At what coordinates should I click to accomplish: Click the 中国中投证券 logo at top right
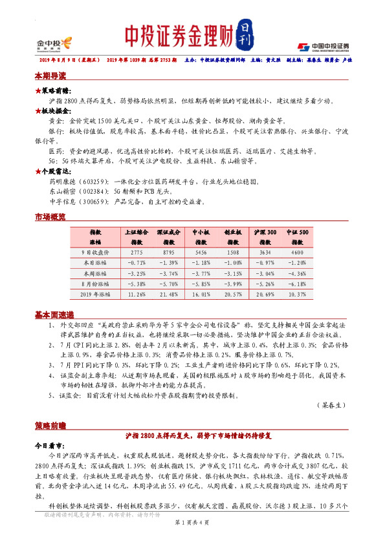pyautogui.click(x=323, y=47)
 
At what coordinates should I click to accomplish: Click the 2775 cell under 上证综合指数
pyautogui.click(x=137, y=253)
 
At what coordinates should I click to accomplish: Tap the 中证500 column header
pyautogui.click(x=297, y=231)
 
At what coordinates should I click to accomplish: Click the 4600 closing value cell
pyautogui.click(x=297, y=253)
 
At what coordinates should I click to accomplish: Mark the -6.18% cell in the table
pyautogui.click(x=297, y=284)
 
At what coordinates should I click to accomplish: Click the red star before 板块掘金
pyautogui.click(x=38, y=111)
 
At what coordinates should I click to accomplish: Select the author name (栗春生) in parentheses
pyautogui.click(x=334, y=404)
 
